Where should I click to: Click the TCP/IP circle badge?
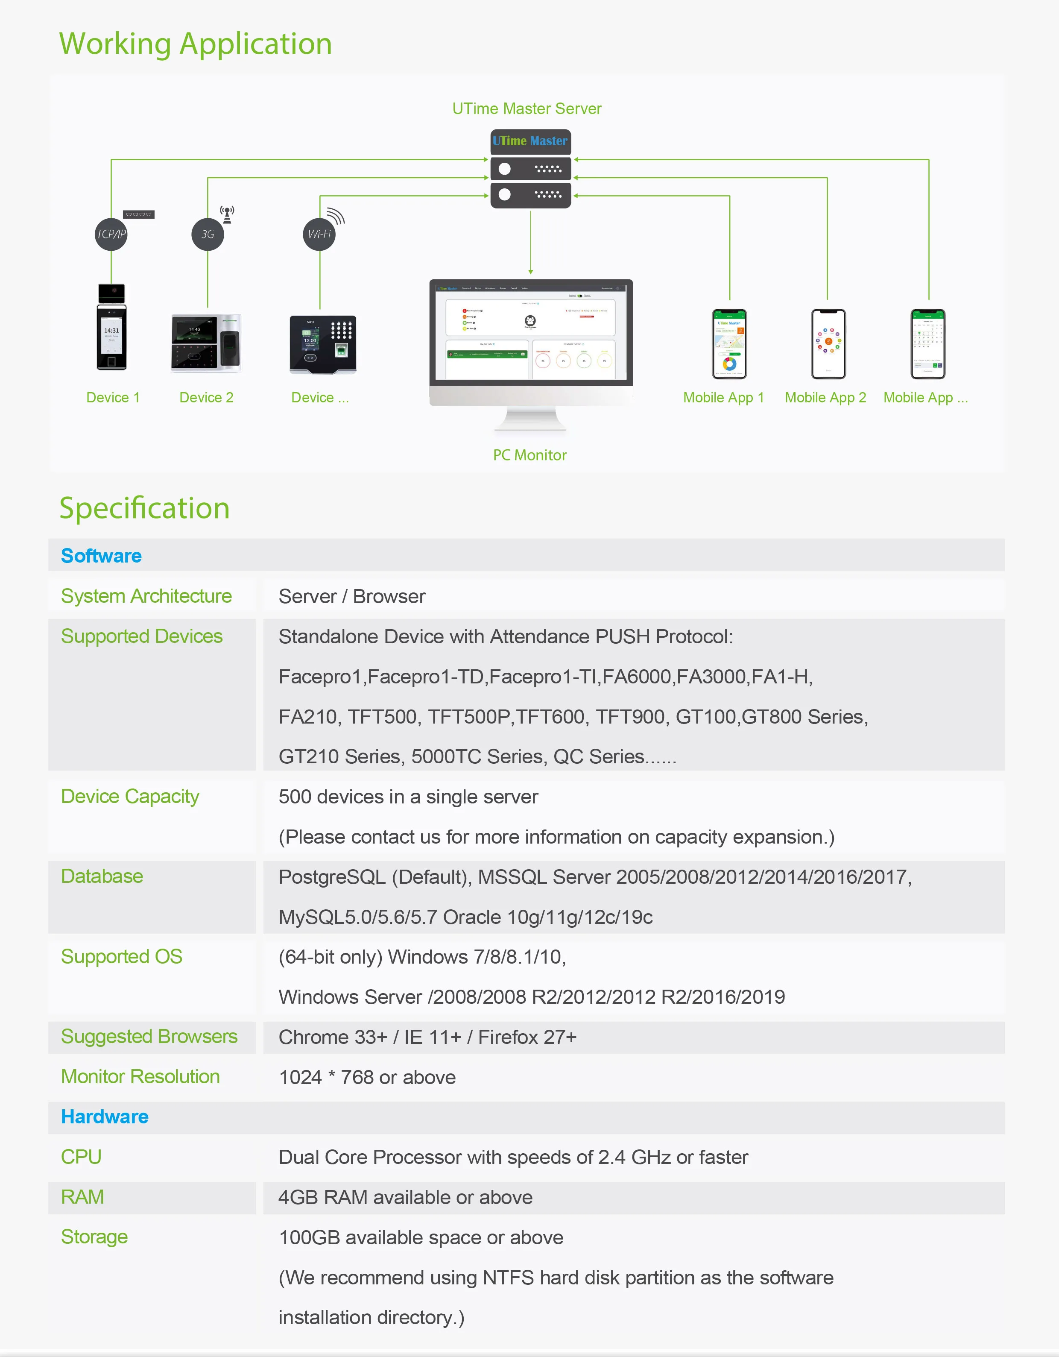tap(111, 234)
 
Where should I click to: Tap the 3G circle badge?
tap(208, 234)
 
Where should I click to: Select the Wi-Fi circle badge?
tap(319, 234)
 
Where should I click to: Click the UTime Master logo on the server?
tap(530, 141)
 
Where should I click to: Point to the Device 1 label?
tap(113, 398)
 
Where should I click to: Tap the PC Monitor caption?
tap(530, 455)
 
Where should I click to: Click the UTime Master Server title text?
tap(527, 109)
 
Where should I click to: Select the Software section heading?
tap(101, 555)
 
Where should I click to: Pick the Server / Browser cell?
tap(351, 596)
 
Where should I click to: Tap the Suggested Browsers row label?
tap(149, 1036)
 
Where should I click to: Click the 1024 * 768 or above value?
tap(367, 1077)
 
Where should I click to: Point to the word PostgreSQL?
tap(332, 877)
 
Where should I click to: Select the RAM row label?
tap(82, 1197)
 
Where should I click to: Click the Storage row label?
tap(94, 1237)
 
